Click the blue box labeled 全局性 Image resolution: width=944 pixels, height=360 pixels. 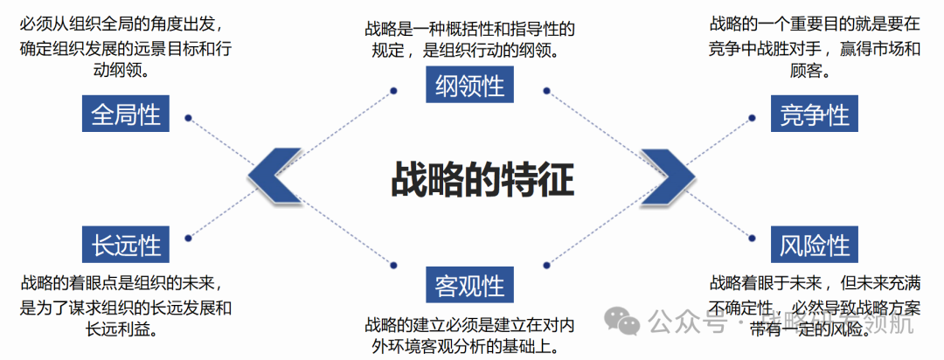click(x=126, y=115)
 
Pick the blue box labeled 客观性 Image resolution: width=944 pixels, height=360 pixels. click(x=469, y=285)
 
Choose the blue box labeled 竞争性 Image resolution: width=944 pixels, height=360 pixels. click(x=815, y=115)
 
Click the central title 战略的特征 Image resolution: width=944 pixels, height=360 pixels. click(x=482, y=181)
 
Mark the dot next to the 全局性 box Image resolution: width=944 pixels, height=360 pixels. click(x=188, y=115)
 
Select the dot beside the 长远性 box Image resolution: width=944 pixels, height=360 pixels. click(x=188, y=236)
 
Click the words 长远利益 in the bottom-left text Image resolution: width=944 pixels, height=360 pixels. click(x=125, y=328)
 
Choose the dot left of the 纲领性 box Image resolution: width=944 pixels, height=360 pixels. click(x=395, y=90)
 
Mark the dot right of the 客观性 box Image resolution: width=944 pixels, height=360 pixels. click(x=548, y=264)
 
